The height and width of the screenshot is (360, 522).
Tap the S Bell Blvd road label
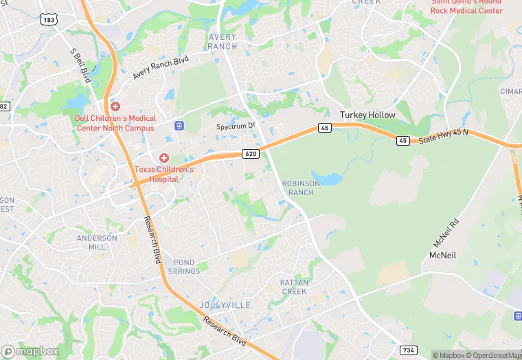point(80,65)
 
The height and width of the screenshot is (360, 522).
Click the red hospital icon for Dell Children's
point(115,106)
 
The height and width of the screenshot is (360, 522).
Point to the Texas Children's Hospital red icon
point(164,158)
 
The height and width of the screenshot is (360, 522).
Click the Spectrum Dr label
point(236,126)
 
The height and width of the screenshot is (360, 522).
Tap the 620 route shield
point(251,154)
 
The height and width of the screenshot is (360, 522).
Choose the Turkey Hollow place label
point(368,115)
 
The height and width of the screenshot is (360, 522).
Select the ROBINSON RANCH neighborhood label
point(298,188)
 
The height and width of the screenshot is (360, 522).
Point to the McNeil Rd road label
point(445,234)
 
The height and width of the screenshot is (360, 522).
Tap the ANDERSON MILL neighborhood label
point(97,243)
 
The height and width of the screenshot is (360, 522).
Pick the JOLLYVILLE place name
point(225,304)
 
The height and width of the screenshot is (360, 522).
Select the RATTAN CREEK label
point(295,287)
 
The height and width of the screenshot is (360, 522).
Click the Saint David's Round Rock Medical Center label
point(466,6)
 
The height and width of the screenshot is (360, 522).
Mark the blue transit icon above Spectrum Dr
point(180,126)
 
